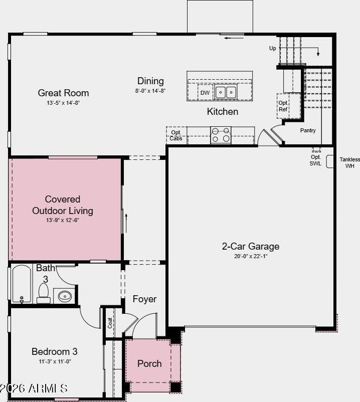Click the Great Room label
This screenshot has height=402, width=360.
(63, 93)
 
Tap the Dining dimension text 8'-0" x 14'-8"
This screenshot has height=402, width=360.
(150, 91)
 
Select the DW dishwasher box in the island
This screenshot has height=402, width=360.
(205, 93)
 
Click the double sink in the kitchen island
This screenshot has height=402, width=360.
(226, 92)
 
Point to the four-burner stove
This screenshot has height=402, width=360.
(221, 135)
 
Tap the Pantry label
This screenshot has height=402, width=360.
(308, 130)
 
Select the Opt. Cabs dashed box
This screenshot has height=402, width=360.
(176, 135)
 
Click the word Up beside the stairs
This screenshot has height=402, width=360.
(273, 48)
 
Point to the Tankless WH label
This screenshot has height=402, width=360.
(350, 162)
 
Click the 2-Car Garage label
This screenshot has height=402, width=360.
(251, 246)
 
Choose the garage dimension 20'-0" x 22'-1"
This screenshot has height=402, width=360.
(251, 256)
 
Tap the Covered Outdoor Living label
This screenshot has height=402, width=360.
(63, 205)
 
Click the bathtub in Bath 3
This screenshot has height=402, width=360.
(22, 284)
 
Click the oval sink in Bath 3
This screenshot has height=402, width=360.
(65, 296)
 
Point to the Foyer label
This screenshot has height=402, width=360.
(144, 299)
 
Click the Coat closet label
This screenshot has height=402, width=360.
(110, 323)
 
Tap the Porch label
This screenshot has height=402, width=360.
(149, 363)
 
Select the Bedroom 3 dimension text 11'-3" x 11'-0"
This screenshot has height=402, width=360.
(55, 361)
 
